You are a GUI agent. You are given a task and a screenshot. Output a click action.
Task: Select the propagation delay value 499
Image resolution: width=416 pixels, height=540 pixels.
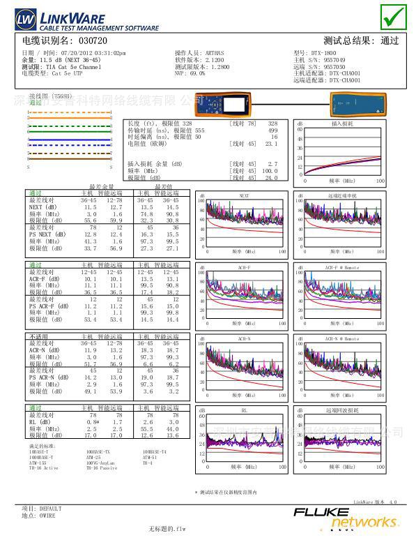tap(272, 130)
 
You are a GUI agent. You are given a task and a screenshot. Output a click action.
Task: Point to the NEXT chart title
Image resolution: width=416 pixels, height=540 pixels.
tap(244, 195)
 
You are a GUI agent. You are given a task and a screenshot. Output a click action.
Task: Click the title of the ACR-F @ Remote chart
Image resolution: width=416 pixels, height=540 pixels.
tap(341, 267)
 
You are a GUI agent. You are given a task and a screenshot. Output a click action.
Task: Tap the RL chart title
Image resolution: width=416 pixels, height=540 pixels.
tap(244, 411)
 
